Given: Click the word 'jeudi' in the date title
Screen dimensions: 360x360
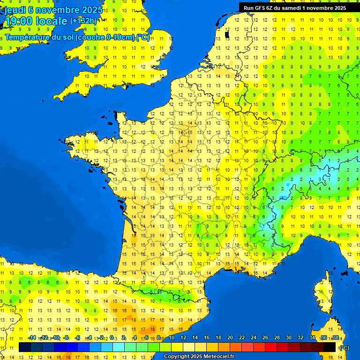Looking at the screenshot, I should point(15,10).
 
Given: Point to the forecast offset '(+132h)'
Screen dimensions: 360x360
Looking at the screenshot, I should point(83,21).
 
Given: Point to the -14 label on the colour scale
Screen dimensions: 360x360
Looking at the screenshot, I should point(32,337).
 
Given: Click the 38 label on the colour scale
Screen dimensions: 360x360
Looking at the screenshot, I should point(335,337).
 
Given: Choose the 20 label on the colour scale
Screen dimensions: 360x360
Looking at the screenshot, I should point(230,337).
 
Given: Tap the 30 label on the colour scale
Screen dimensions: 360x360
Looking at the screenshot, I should point(288,337).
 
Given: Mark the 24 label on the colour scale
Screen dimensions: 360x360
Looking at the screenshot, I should point(254,337).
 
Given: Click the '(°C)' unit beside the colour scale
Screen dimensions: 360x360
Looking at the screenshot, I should point(344,348).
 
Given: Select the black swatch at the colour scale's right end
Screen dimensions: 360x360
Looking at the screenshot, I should point(330,347).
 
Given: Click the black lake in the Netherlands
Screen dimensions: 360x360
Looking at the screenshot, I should point(227,34).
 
